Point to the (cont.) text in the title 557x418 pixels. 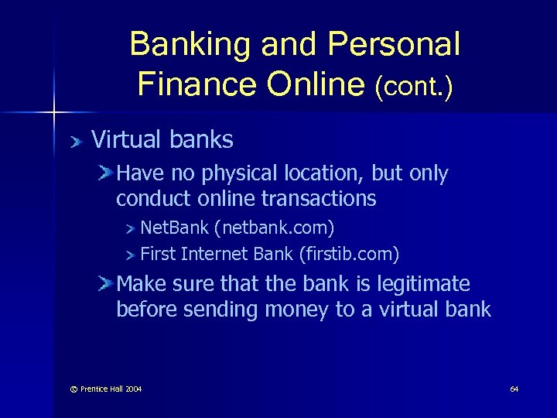point(413,86)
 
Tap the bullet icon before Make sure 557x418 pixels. point(106,284)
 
